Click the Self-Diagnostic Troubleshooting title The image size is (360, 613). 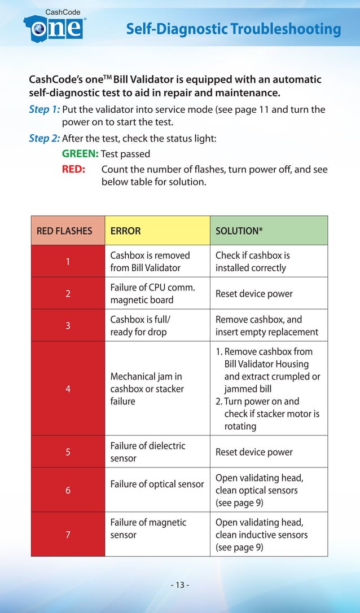(233, 29)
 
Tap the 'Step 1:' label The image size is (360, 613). (44, 109)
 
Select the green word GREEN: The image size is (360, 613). (80, 153)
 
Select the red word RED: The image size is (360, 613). (73, 169)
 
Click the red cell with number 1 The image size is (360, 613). (68, 262)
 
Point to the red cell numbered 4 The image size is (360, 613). (68, 389)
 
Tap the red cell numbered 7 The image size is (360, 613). (68, 535)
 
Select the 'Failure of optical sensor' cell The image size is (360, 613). (157, 484)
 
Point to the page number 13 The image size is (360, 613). (179, 584)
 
